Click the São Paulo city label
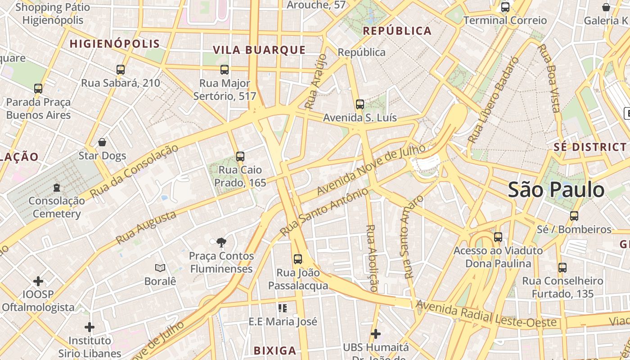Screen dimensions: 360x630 point(556,190)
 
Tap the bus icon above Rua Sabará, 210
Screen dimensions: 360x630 point(120,70)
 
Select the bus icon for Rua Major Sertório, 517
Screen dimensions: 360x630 point(225,70)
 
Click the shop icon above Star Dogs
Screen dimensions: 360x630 point(102,143)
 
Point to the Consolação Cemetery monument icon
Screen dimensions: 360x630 point(57,187)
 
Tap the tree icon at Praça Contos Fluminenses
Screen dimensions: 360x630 point(221,243)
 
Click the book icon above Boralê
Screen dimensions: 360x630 point(160,268)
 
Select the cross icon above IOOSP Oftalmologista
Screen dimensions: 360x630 point(38,282)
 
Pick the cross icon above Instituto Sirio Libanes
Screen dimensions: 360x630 point(90,327)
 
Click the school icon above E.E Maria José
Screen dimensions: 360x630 point(283,308)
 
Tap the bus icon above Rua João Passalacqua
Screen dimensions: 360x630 point(298,259)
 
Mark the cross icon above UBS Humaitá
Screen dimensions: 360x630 point(376,334)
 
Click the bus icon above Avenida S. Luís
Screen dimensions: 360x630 point(360,104)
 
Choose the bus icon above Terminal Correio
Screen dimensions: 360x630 point(505,7)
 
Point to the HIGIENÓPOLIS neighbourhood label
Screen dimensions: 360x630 point(115,44)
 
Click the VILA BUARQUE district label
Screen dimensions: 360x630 point(259,50)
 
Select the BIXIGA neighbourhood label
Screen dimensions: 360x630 point(275,351)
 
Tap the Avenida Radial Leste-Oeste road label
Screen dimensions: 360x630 point(486,315)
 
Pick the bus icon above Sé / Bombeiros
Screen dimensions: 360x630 point(574,216)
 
